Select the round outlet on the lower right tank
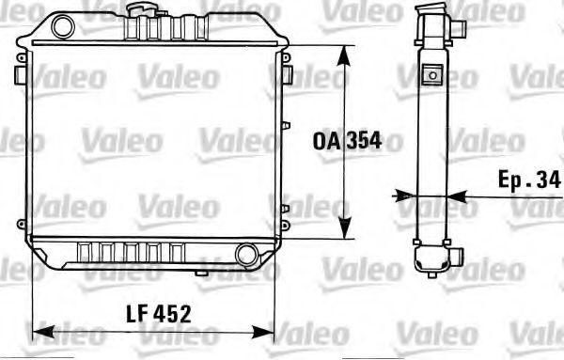[247, 253]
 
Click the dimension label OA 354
[347, 142]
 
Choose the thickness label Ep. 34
[529, 179]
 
